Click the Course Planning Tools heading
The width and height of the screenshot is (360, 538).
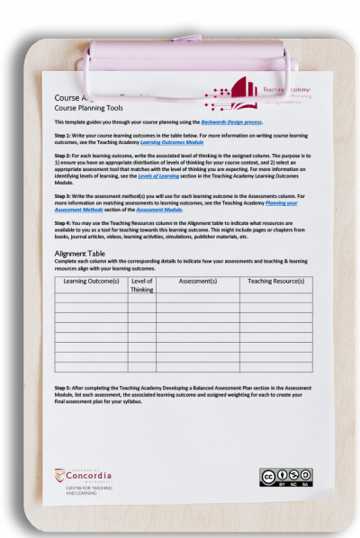83,107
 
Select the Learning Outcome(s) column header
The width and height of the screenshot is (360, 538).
91,282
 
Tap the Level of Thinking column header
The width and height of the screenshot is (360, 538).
142,285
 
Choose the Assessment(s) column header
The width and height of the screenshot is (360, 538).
197,282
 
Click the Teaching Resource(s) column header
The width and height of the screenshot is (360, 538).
275,282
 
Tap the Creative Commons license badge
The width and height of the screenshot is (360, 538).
285,478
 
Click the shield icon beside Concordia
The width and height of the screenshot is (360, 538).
59,475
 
